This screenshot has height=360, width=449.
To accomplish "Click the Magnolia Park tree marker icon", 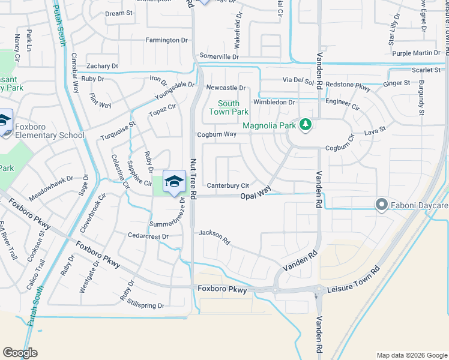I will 306,125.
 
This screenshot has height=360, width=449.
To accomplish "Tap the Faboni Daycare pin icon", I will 381,206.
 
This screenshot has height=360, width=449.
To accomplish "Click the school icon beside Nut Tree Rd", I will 174,182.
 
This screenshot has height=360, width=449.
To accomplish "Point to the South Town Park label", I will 229,108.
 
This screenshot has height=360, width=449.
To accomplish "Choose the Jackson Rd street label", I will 214,236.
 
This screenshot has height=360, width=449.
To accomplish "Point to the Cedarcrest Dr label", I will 148,236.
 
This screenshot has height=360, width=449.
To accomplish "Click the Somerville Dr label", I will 219,56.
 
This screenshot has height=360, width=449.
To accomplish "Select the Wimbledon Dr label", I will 274,102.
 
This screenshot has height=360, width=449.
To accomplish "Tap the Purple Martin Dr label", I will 417,53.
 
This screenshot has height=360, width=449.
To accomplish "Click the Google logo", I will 20,353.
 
